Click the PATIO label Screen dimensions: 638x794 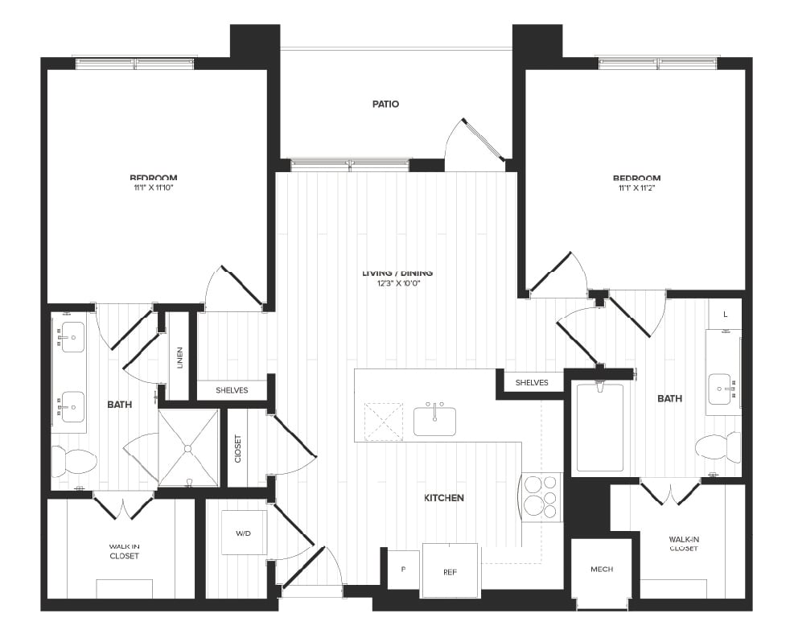pyautogui.click(x=385, y=104)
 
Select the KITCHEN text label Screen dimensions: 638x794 pyautogui.click(x=444, y=498)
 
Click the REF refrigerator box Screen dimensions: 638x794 pyautogui.click(x=450, y=571)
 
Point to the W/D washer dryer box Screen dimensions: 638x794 pyautogui.click(x=244, y=533)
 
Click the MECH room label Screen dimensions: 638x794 pyautogui.click(x=601, y=569)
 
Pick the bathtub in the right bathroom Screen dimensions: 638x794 pyautogui.click(x=599, y=428)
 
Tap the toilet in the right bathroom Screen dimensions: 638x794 pyautogui.click(x=718, y=447)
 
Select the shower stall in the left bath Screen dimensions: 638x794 pyautogui.click(x=188, y=447)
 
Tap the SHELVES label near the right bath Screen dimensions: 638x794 pyautogui.click(x=532, y=382)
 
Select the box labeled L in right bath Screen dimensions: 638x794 pyautogui.click(x=725, y=315)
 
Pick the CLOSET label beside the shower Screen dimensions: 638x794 pyautogui.click(x=237, y=448)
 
